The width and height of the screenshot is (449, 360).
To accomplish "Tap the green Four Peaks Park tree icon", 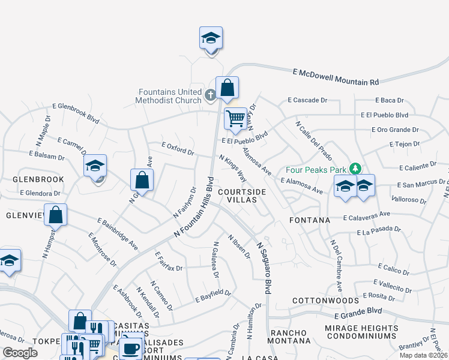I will tap(355, 168).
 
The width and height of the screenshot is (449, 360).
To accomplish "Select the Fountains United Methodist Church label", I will tap(170, 96).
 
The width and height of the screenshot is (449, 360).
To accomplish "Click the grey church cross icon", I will tap(210, 95).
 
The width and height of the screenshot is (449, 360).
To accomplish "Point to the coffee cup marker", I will tap(130, 347).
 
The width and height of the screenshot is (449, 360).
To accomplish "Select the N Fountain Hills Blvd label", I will tap(194, 207).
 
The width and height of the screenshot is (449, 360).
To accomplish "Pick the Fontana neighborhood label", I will tap(310, 220).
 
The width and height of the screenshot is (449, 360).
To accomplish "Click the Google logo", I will tap(20, 353).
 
